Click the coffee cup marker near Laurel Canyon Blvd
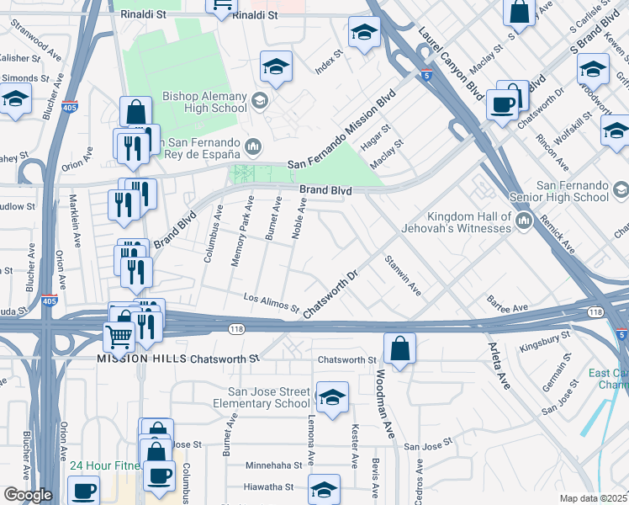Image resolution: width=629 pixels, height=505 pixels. (x=503, y=104)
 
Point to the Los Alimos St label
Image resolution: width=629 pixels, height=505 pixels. (x=271, y=303)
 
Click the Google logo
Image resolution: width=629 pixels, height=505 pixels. (x=27, y=495)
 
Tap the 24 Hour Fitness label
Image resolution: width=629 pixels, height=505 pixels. (x=105, y=465)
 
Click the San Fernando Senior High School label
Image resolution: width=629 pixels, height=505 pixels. (x=573, y=191)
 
